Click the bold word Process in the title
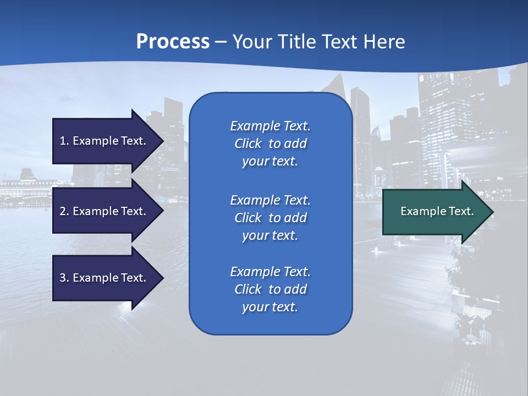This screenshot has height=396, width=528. (x=173, y=42)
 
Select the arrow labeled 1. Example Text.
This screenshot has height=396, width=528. (x=105, y=141)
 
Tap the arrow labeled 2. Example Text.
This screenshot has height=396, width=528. (x=105, y=211)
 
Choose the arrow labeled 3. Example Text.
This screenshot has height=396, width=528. (x=105, y=278)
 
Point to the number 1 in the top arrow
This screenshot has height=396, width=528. (x=62, y=141)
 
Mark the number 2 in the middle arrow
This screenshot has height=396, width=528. (x=63, y=211)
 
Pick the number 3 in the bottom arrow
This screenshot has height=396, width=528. (x=63, y=278)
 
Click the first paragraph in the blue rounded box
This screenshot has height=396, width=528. (x=270, y=144)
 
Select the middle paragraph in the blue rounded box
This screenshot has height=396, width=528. (x=270, y=218)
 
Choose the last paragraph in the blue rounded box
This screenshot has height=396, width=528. (x=270, y=289)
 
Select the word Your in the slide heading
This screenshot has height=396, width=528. (x=252, y=42)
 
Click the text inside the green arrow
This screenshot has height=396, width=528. (x=437, y=211)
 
